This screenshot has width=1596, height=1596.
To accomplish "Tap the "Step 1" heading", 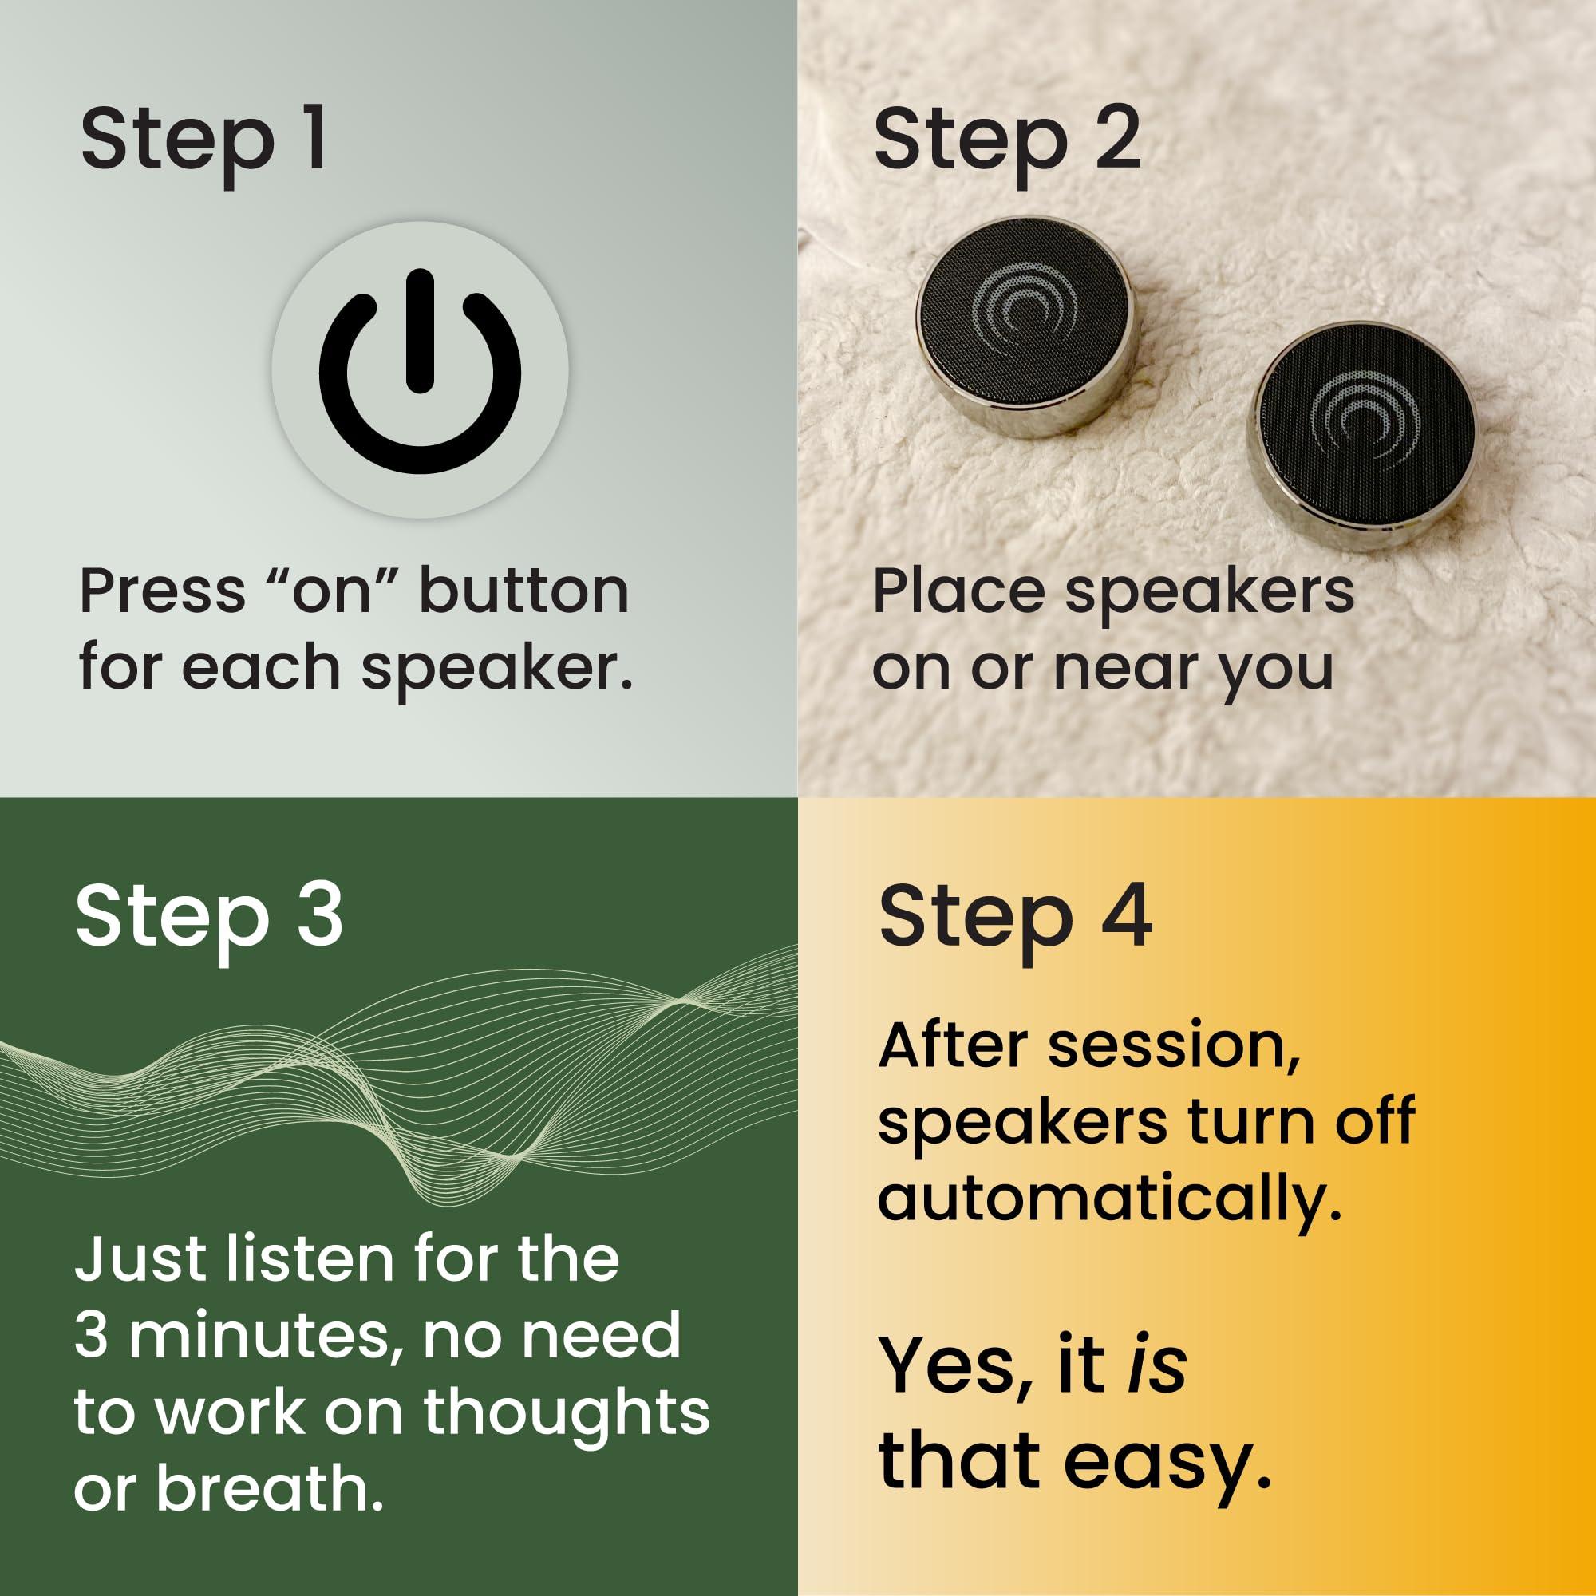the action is point(203,141).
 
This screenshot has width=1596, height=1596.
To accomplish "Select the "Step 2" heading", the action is point(1008,141).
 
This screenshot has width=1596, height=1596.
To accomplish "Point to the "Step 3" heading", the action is point(209,919).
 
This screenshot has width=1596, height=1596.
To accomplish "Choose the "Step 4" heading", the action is point(1015,919).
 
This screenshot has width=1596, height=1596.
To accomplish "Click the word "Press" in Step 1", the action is point(163,591).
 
